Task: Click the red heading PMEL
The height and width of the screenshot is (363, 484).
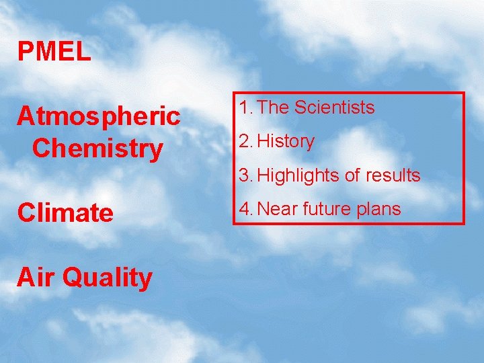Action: (x=54, y=52)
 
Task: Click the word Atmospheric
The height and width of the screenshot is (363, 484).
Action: (x=99, y=116)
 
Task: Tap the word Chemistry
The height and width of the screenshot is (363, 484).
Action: (x=97, y=149)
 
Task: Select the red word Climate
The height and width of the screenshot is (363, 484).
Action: (x=65, y=213)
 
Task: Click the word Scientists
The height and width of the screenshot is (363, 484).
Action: (x=334, y=108)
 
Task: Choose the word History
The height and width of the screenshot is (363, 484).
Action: (x=286, y=142)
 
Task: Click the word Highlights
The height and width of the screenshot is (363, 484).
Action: (x=298, y=176)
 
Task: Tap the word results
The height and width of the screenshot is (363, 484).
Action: (x=393, y=176)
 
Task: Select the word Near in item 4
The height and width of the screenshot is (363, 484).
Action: (x=278, y=210)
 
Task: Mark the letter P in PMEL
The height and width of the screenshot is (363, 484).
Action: (x=24, y=52)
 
